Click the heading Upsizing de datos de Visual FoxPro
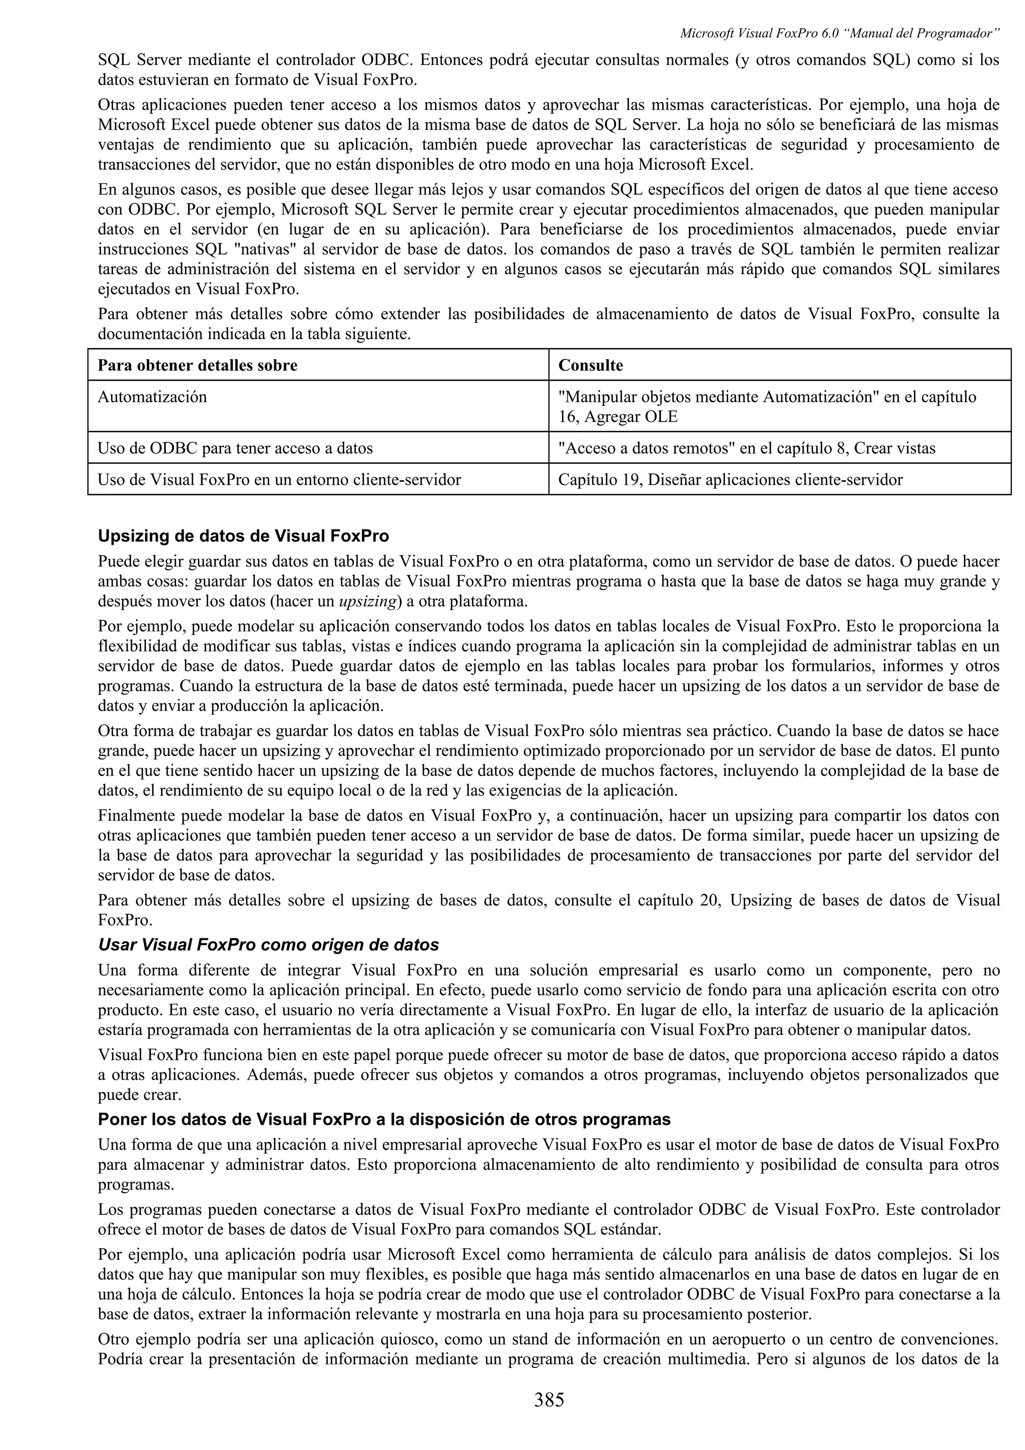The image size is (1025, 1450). tap(243, 536)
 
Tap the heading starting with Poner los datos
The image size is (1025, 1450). tap(384, 1119)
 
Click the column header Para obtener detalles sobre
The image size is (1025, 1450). tap(198, 365)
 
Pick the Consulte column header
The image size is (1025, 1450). tap(591, 365)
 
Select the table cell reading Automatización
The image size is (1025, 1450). tap(152, 397)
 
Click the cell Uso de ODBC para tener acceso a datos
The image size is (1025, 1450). tap(235, 448)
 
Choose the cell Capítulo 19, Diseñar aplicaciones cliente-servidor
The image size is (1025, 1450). tap(730, 479)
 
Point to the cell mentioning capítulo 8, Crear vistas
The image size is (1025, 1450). tap(747, 448)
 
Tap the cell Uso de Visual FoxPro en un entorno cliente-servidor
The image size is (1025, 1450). tap(279, 479)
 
